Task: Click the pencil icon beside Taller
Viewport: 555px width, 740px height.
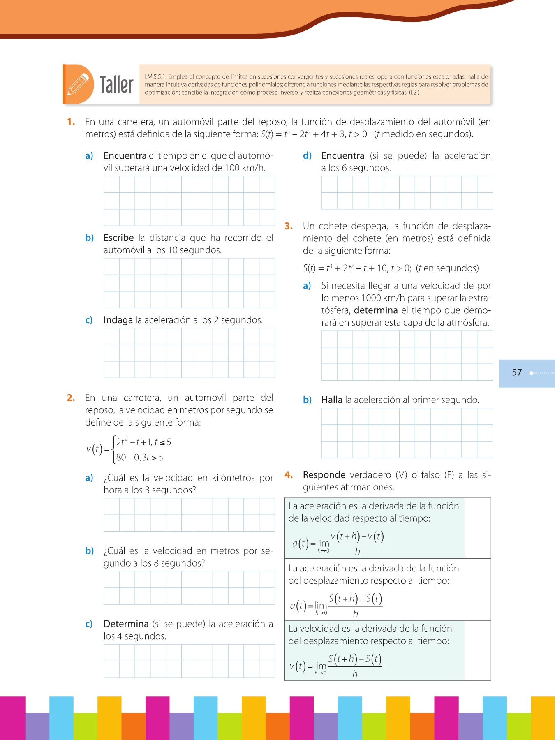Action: [x=78, y=84]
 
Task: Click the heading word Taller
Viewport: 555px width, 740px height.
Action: [x=116, y=85]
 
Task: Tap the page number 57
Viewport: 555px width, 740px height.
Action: [x=517, y=372]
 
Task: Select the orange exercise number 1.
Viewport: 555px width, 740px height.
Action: [x=71, y=122]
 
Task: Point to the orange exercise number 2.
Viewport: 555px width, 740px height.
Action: [x=71, y=398]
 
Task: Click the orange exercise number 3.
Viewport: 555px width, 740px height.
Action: [x=289, y=226]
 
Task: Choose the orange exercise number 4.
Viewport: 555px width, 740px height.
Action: [x=289, y=475]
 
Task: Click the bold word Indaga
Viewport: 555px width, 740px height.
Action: [x=118, y=320]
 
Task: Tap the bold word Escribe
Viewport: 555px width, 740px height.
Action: [x=118, y=238]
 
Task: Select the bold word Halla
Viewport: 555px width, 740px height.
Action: [x=332, y=400]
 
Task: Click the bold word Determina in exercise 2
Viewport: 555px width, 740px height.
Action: [x=126, y=624]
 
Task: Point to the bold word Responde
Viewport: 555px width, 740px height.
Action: [x=324, y=475]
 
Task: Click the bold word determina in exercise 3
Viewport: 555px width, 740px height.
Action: [x=376, y=310]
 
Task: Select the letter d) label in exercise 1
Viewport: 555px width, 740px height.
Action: [x=307, y=156]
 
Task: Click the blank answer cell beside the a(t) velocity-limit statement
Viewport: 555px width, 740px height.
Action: [x=478, y=528]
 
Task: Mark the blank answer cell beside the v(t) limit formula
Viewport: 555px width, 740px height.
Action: [x=478, y=650]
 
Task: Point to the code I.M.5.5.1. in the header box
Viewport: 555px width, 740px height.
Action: [x=155, y=77]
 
